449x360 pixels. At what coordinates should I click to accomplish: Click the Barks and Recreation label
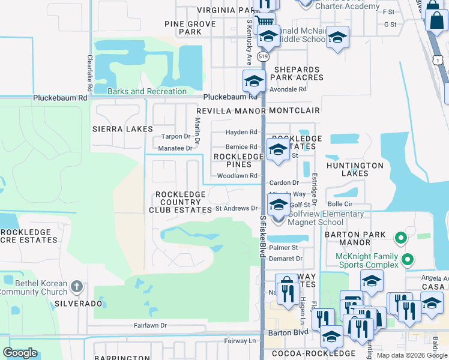tap(147, 91)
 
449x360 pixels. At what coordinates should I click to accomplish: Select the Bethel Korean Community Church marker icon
tap(76, 286)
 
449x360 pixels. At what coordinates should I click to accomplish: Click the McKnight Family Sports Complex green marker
tap(408, 260)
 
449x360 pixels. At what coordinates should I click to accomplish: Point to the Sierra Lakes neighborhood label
tap(122, 129)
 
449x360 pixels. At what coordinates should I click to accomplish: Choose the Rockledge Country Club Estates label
tap(181, 202)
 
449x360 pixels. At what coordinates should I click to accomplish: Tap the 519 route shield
tap(263, 56)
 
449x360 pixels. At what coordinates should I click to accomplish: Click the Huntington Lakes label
tap(355, 169)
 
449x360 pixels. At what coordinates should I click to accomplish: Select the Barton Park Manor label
tap(355, 238)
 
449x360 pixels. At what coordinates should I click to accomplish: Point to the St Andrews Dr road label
tap(236, 209)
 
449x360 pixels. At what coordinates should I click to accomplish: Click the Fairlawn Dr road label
tap(150, 325)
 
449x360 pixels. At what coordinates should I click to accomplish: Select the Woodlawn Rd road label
tap(237, 176)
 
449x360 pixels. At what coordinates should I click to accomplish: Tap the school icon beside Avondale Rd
tap(254, 81)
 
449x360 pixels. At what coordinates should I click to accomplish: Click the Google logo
tap(20, 353)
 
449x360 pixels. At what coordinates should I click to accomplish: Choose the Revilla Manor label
tap(231, 111)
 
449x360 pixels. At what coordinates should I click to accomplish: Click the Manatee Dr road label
tap(175, 148)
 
